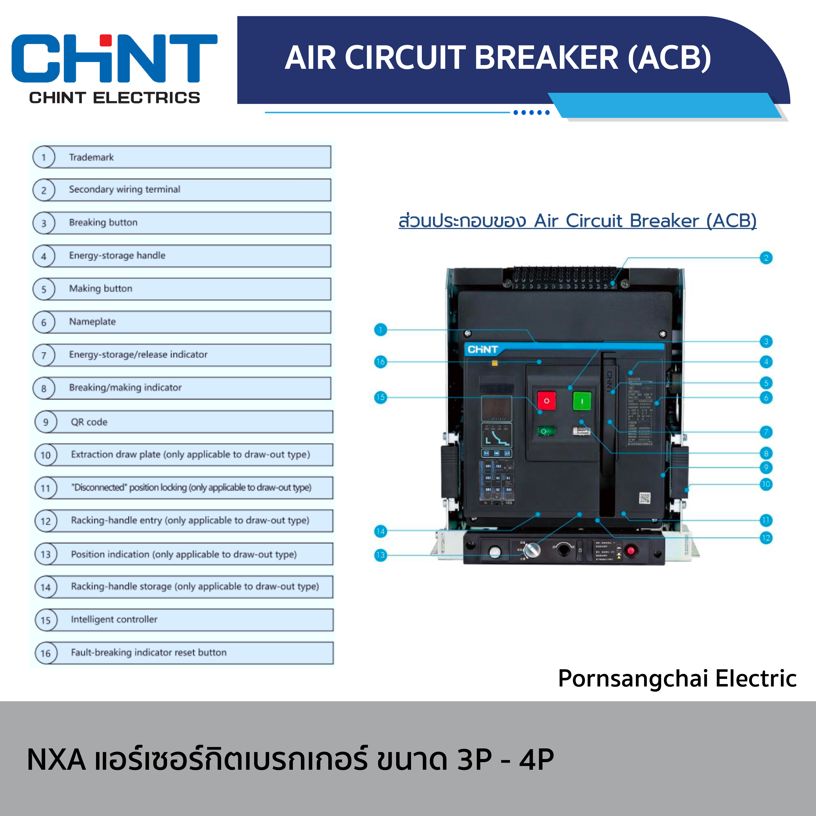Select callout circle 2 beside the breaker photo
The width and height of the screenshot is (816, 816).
766,258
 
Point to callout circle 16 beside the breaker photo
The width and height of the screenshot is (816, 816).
380,362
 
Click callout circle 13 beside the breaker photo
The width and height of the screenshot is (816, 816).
380,555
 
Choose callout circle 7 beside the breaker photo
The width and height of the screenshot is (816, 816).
766,432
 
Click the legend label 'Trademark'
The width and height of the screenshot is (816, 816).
91,157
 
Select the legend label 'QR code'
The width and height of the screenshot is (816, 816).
89,422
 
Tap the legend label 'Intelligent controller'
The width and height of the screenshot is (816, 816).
114,619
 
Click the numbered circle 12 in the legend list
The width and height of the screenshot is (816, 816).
46,521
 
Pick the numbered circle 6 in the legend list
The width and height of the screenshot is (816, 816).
44,322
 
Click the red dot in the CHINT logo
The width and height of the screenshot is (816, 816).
105,40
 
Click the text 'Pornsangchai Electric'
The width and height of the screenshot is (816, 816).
677,679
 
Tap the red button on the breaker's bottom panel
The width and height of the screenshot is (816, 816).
631,551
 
